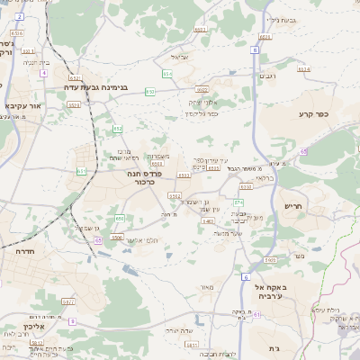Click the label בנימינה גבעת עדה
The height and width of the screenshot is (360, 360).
click(x=98, y=88)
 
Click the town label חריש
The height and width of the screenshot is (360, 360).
click(x=296, y=206)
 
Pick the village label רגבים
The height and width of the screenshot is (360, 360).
click(x=267, y=76)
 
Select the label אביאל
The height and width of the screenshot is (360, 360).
click(x=179, y=58)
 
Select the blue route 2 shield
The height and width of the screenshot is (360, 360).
click(x=20, y=17)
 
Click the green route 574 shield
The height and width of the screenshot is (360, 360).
click(x=304, y=68)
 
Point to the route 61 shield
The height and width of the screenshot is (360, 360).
click(x=256, y=315)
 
